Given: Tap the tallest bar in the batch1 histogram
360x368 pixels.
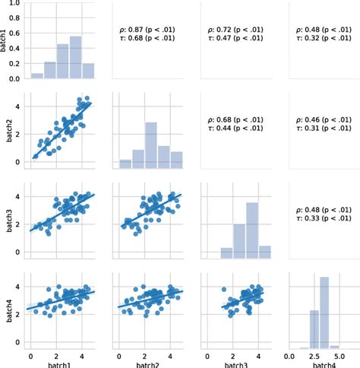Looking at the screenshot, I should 75,58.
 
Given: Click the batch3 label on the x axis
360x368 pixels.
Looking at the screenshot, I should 236,363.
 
